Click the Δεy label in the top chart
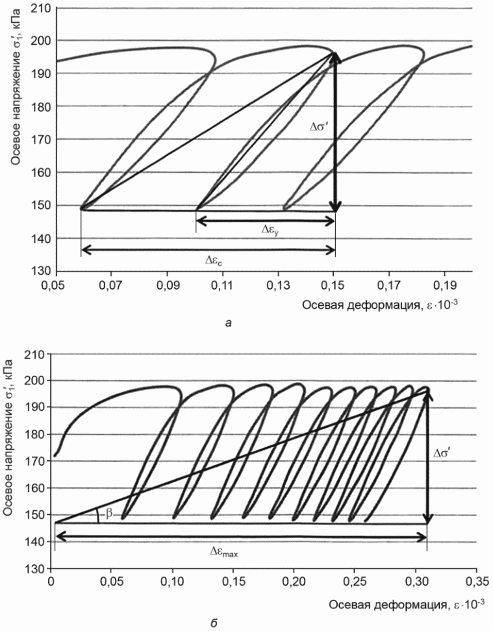click(x=270, y=230)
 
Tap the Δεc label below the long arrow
click(x=214, y=260)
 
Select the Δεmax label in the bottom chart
click(x=223, y=552)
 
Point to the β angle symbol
click(x=109, y=513)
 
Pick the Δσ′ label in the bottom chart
click(x=442, y=453)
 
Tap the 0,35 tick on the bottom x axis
click(x=477, y=582)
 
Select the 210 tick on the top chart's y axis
click(x=43, y=8)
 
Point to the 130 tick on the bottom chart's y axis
click(x=36, y=569)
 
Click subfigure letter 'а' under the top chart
click(x=229, y=323)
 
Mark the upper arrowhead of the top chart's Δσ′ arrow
click(x=335, y=58)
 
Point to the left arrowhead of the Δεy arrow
click(x=201, y=221)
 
